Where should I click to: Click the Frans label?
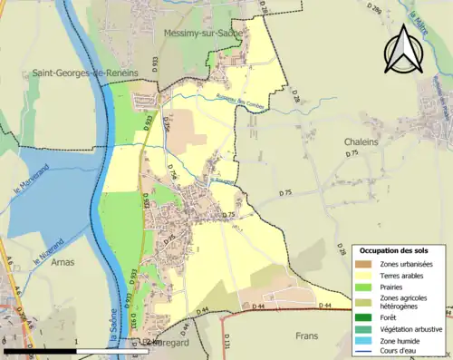point(309,336)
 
